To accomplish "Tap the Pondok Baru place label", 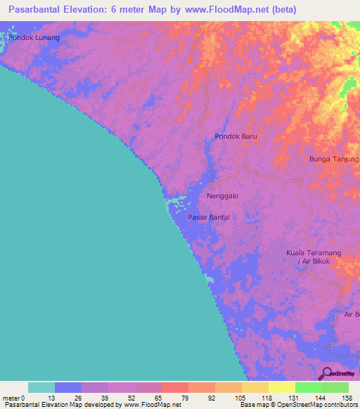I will (236, 136).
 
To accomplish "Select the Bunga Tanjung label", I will (334, 160).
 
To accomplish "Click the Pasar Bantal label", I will (209, 218).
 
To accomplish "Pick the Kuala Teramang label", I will (313, 252).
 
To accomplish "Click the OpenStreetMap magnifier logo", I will (326, 373).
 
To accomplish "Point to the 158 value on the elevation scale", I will (348, 398).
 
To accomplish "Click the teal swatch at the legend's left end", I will (41, 387).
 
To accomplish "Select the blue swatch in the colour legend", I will (68, 387).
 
